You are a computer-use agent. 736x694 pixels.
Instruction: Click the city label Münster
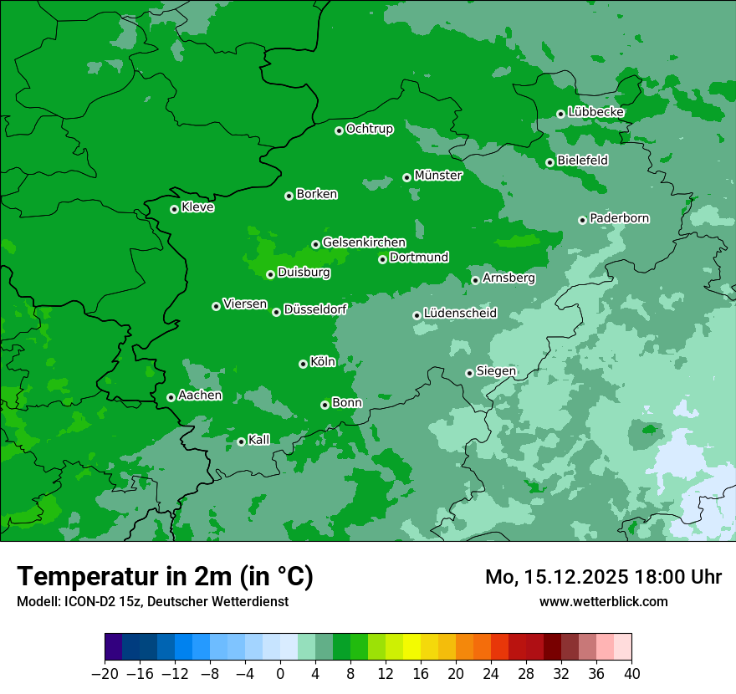click(x=438, y=176)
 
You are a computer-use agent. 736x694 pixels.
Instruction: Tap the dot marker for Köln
click(x=303, y=364)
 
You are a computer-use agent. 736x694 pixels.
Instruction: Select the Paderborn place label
click(x=620, y=218)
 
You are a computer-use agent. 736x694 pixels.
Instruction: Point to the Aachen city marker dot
click(x=171, y=397)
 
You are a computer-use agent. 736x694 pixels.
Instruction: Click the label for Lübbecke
click(x=595, y=112)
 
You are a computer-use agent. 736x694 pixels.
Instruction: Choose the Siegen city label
click(x=496, y=371)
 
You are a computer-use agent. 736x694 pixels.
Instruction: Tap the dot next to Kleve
click(x=174, y=209)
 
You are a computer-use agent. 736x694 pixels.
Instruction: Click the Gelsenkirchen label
click(x=364, y=242)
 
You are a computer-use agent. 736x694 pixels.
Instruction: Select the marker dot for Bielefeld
click(x=549, y=162)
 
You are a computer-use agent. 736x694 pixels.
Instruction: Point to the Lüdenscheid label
click(x=460, y=314)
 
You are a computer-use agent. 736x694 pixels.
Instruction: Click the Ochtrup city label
click(x=370, y=129)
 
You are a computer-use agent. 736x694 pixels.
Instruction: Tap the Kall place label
click(x=259, y=440)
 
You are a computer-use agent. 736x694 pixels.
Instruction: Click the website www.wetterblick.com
click(x=603, y=601)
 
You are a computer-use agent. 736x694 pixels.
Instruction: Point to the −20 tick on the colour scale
click(x=105, y=674)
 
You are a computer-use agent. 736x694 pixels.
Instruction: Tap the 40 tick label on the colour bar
click(x=631, y=674)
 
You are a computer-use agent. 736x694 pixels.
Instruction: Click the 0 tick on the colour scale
click(x=280, y=674)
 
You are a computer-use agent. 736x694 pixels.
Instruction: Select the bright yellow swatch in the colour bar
click(x=411, y=647)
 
